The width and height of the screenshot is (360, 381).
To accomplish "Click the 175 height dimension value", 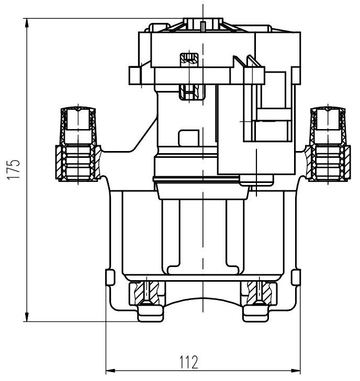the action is click(14, 169).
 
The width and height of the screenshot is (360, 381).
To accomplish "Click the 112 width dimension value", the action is click(189, 362).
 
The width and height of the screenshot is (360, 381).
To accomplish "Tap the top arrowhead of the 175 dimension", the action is click(27, 24).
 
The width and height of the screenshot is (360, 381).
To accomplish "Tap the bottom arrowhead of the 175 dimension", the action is click(27, 316).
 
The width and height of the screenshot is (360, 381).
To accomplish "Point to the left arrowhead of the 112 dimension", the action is click(111, 371).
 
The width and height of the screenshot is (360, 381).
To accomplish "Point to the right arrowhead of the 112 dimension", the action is click(296, 371).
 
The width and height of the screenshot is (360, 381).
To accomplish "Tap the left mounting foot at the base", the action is click(150, 314).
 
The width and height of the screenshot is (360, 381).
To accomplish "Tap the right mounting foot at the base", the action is click(256, 314).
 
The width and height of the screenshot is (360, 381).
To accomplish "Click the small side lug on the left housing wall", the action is click(110, 277).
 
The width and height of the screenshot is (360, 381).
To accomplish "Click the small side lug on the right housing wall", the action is click(296, 277).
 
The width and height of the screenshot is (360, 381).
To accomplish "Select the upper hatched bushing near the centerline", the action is click(189, 60).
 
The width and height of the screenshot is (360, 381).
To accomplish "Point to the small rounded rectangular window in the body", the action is click(189, 138).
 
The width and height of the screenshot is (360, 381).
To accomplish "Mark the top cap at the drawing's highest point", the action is click(203, 24).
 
